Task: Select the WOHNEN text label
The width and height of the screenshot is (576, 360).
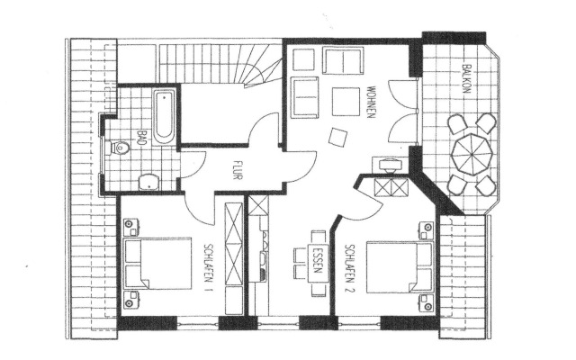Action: (370, 101)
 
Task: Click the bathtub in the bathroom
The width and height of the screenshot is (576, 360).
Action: (165, 116)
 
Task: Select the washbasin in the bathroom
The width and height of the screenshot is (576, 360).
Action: (148, 180)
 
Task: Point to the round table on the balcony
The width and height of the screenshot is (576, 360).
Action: (470, 155)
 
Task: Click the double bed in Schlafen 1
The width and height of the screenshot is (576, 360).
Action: (157, 263)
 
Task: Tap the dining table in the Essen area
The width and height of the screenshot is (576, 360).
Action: (317, 261)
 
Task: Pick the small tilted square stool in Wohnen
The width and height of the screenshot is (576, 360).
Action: (340, 137)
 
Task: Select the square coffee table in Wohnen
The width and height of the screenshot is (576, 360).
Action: (346, 101)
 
